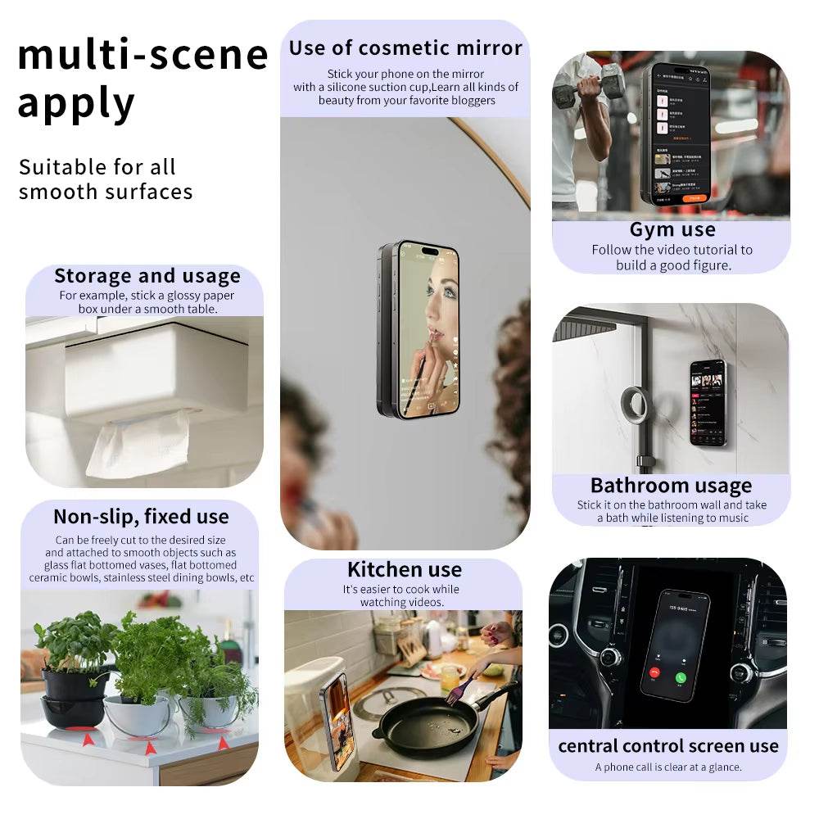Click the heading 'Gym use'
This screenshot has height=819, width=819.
point(672,229)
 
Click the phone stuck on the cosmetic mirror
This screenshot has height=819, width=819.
point(418,329)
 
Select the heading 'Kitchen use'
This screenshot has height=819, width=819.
point(404,570)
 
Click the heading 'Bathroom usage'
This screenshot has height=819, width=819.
point(671,486)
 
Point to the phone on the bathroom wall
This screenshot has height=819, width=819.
point(707,402)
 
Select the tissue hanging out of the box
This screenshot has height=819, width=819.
point(138,443)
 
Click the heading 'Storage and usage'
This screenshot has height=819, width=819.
point(147,276)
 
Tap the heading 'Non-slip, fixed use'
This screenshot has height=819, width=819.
point(141,517)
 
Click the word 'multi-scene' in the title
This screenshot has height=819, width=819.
point(143,56)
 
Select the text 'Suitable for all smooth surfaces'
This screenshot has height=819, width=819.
point(106,179)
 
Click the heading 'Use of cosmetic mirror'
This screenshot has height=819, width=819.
point(405,48)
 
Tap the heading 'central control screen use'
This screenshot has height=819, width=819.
point(667,746)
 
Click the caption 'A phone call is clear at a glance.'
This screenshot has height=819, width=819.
point(667,767)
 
